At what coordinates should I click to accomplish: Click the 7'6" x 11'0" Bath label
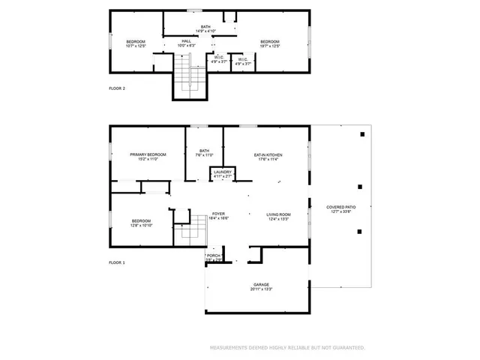click(x=203, y=153)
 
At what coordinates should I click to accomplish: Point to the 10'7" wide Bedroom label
click(x=135, y=43)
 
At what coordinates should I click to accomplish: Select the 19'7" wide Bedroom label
click(x=269, y=43)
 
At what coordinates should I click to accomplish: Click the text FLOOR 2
click(x=117, y=88)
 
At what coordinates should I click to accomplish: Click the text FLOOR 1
click(x=117, y=262)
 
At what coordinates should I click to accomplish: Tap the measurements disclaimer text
click(x=286, y=348)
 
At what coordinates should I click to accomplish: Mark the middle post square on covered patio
click(x=360, y=187)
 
